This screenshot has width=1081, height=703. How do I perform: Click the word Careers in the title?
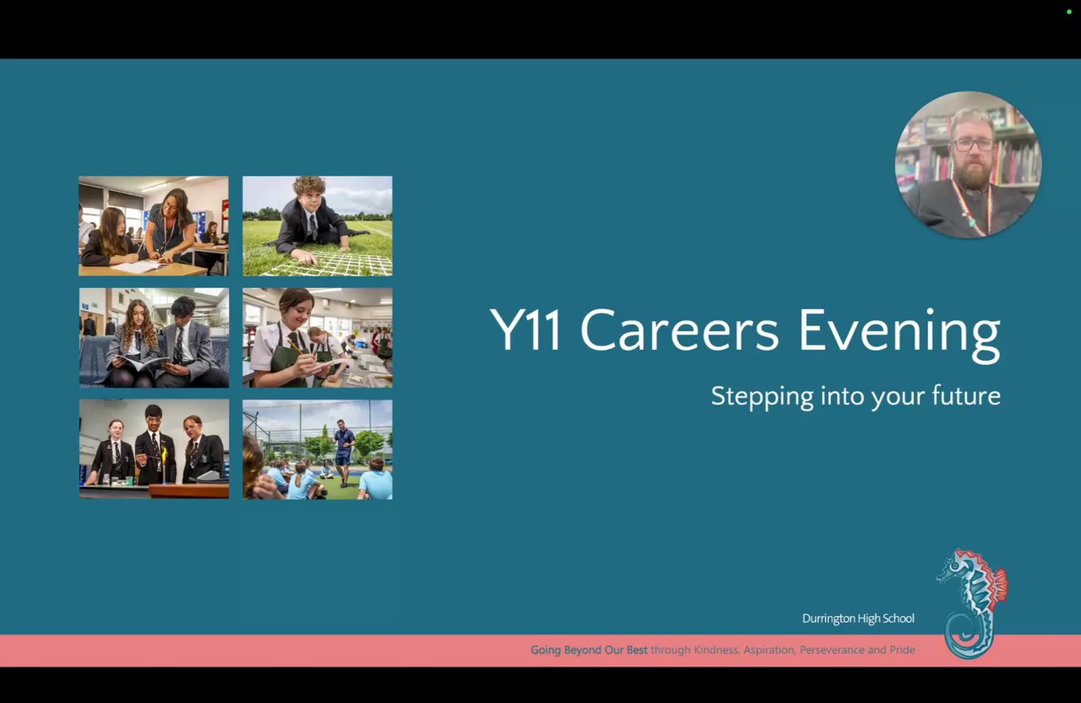(x=680, y=330)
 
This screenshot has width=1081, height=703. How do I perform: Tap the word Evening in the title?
(x=899, y=335)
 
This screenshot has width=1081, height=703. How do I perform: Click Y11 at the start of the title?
(x=524, y=330)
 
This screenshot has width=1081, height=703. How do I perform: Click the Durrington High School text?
(x=858, y=619)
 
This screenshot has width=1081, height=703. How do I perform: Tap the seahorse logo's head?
(x=957, y=566)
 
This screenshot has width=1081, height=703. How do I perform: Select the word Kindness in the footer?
(x=715, y=650)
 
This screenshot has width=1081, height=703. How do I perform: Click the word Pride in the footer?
(x=903, y=650)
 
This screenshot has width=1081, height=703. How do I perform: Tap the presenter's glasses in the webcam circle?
(x=973, y=144)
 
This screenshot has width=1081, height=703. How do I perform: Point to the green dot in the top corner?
(x=1069, y=12)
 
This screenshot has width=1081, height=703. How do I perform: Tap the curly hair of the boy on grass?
(x=309, y=185)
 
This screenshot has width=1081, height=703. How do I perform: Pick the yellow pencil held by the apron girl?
(x=296, y=347)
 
